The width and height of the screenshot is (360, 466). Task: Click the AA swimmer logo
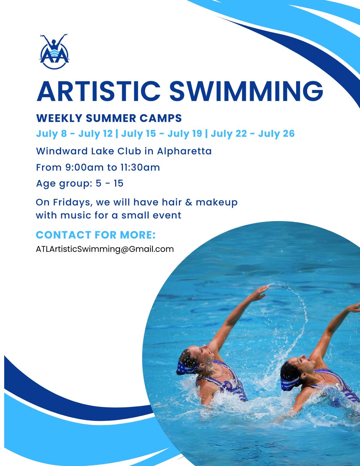54,52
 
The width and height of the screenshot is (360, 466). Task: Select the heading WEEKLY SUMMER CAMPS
109,118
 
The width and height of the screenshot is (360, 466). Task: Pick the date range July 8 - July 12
74,134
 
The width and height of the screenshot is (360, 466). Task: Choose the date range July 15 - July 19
162,134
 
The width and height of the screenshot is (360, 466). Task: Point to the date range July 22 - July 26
253,134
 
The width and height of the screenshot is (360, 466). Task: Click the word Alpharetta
184,151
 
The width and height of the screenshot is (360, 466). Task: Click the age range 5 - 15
109,183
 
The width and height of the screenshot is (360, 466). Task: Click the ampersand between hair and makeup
188,202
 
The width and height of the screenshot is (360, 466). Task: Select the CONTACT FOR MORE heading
96,235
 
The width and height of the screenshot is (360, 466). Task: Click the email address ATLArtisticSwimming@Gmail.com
105,249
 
